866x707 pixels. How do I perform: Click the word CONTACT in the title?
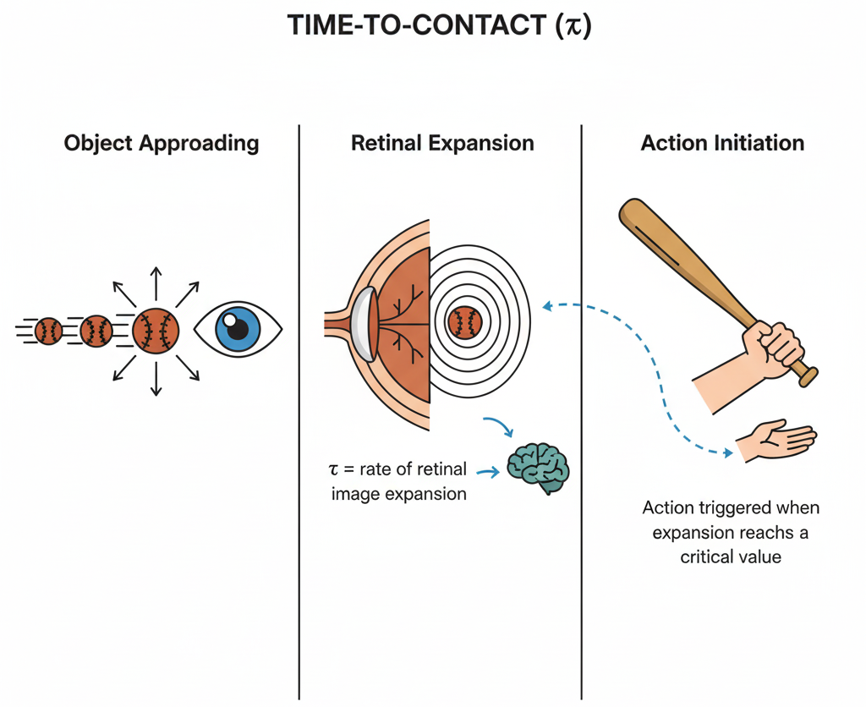[480, 26]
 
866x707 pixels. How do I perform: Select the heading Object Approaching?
[162, 143]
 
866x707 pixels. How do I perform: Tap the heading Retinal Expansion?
[442, 143]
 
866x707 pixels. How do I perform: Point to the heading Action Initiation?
[722, 143]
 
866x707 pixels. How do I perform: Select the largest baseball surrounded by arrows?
[156, 331]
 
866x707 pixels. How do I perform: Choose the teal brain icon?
[538, 464]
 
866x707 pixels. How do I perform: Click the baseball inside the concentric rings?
[465, 322]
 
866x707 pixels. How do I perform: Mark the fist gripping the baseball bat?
[771, 348]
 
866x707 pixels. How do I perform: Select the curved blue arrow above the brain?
[499, 425]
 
